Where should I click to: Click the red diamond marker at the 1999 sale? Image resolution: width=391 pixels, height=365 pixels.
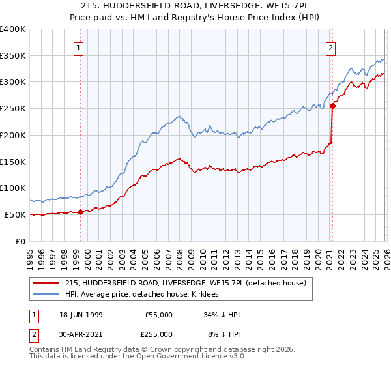(80, 212)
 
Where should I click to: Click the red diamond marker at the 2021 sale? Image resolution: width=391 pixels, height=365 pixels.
(332, 105)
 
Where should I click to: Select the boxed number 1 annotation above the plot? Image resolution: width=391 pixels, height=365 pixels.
(78, 47)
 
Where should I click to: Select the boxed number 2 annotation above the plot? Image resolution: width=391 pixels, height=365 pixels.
(330, 47)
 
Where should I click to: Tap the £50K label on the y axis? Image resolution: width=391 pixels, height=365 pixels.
(15, 214)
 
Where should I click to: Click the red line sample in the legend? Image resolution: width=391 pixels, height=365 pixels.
(48, 283)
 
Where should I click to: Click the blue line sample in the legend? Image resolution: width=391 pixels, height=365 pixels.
(48, 295)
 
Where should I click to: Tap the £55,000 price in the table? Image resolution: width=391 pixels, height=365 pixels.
(158, 315)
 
